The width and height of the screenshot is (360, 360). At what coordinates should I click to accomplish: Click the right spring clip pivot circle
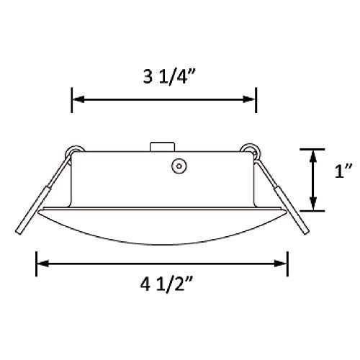click(x=250, y=151)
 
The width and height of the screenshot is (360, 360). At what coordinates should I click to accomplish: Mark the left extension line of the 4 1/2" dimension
click(x=37, y=264)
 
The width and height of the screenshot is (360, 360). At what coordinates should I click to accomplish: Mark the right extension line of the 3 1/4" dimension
click(x=256, y=101)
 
